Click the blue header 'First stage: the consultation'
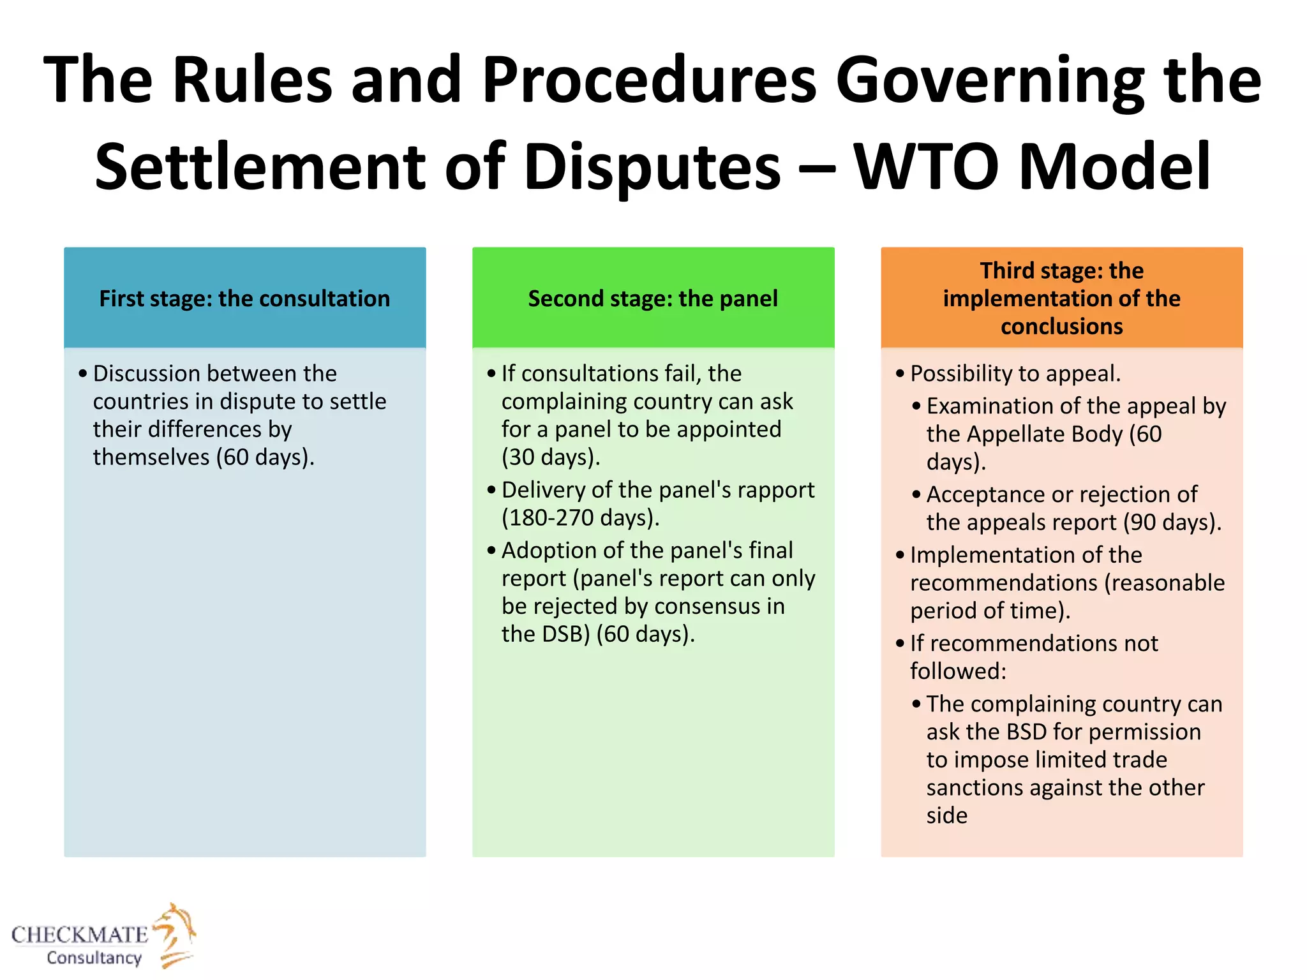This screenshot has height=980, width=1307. (x=244, y=299)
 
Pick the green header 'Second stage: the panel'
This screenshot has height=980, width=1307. (x=653, y=299)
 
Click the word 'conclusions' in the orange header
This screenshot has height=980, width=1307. (x=1061, y=327)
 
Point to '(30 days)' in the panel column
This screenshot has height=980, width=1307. (x=551, y=457)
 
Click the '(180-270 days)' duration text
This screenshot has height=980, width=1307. (x=579, y=517)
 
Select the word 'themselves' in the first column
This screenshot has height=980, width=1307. (x=151, y=457)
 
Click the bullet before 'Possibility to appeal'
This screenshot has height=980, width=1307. (x=900, y=374)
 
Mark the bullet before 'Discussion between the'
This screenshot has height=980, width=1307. (x=83, y=374)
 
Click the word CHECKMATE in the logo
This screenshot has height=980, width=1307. (x=80, y=935)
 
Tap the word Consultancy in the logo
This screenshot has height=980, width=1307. (x=94, y=958)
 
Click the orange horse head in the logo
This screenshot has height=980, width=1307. (x=176, y=928)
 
